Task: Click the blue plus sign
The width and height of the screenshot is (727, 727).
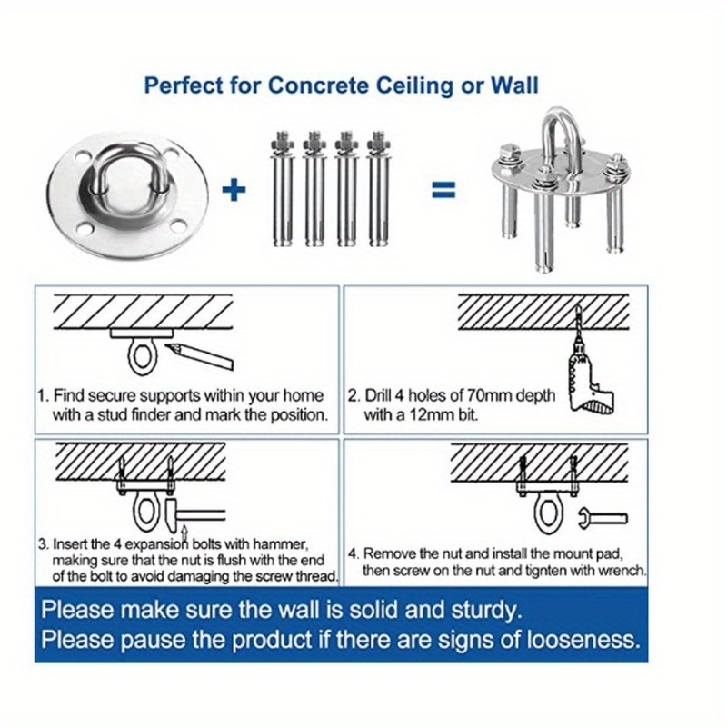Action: (234, 189)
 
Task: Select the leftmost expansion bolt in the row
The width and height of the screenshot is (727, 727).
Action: (282, 191)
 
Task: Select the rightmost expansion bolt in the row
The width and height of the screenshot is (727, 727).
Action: (375, 191)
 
